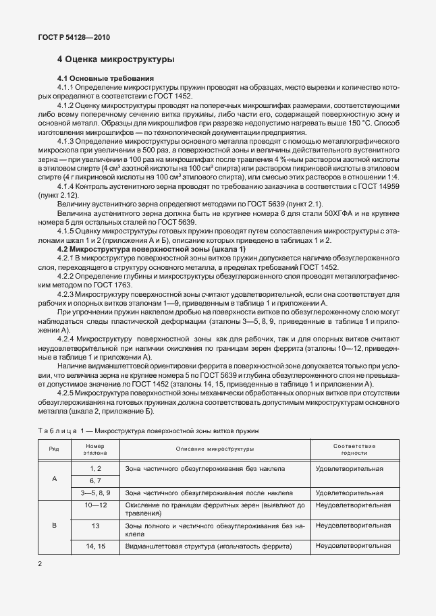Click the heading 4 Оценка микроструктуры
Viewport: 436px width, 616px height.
point(116,59)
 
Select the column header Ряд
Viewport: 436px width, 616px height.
point(53,448)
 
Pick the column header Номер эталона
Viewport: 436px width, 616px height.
point(96,449)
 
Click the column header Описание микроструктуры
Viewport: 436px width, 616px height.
point(215,448)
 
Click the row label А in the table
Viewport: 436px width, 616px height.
point(53,480)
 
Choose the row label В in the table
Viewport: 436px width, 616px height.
point(53,526)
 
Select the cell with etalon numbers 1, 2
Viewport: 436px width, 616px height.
point(96,468)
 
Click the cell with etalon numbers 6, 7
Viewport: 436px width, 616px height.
point(96,480)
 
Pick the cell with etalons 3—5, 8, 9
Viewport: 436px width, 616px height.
point(96,493)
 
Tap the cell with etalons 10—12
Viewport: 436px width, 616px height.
point(96,505)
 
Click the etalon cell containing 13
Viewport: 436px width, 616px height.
point(96,525)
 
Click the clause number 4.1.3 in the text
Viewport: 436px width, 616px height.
point(65,140)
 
